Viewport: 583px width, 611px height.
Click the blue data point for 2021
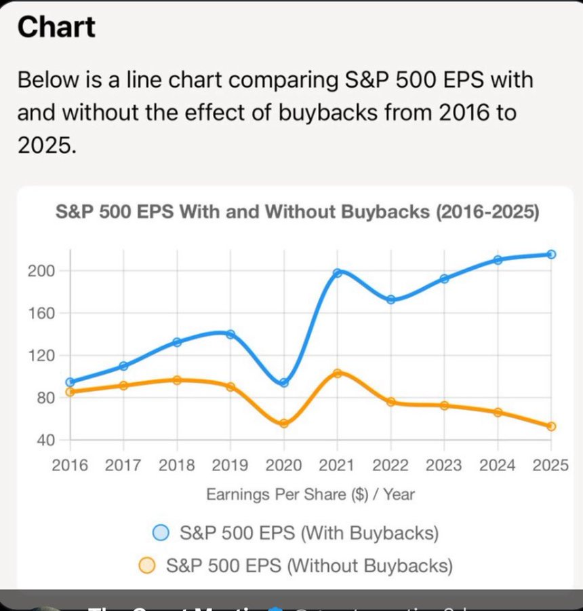(337, 273)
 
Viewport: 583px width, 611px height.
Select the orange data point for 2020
(284, 424)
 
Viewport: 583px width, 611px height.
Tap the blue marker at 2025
(551, 255)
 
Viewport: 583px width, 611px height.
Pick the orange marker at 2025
(551, 426)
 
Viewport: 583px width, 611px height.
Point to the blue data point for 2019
(230, 334)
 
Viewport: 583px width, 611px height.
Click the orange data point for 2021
(337, 373)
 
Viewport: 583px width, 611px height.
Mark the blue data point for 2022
(390, 299)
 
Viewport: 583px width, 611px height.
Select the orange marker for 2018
(177, 380)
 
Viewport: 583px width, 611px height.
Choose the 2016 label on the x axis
(70, 465)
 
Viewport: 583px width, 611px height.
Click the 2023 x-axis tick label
(444, 465)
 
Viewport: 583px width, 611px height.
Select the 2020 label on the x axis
(284, 465)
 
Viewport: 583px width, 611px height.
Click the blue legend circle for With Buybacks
(161, 533)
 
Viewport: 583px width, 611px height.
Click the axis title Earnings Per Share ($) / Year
(310, 494)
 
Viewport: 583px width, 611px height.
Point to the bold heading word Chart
(56, 27)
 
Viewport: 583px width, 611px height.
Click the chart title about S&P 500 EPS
(296, 212)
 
